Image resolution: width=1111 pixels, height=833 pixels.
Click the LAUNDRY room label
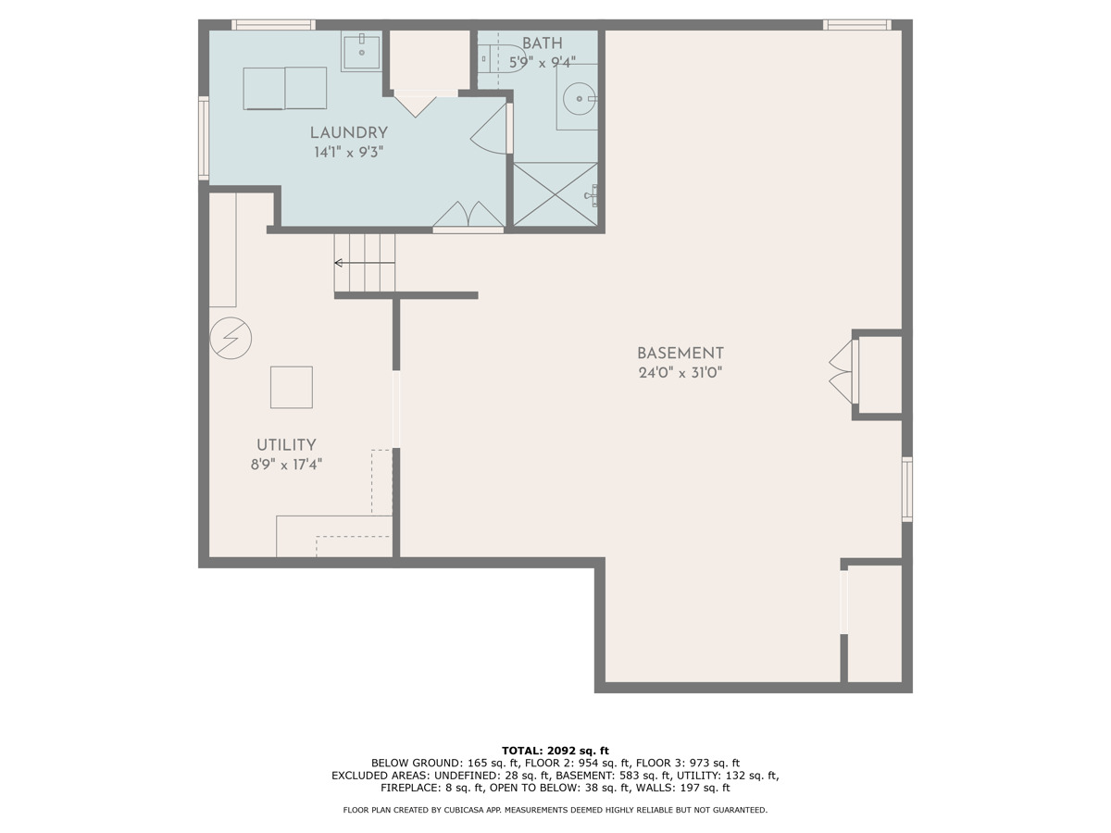(x=348, y=132)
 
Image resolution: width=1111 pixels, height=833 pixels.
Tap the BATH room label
(x=542, y=44)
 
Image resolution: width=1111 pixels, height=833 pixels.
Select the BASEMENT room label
(x=680, y=353)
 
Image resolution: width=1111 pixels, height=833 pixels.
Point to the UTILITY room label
(x=286, y=444)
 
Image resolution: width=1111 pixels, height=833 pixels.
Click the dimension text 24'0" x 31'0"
(x=680, y=373)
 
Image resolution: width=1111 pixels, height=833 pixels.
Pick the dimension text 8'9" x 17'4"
(x=286, y=465)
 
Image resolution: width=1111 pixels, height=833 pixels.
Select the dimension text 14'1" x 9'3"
(x=348, y=152)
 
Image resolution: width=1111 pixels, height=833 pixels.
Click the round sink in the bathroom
(x=579, y=96)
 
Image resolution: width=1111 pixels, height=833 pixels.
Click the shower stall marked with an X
(x=555, y=194)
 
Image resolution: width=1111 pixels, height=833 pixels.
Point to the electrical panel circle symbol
(x=231, y=339)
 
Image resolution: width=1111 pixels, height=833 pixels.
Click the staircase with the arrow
(x=365, y=263)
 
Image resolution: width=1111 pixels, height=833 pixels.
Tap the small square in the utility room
(x=291, y=387)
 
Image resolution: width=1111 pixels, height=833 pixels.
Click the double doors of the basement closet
(x=841, y=371)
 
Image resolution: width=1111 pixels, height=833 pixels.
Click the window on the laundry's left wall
(x=203, y=138)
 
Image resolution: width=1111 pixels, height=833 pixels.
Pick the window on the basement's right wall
(x=907, y=489)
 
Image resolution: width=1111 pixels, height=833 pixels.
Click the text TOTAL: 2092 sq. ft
(x=555, y=750)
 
